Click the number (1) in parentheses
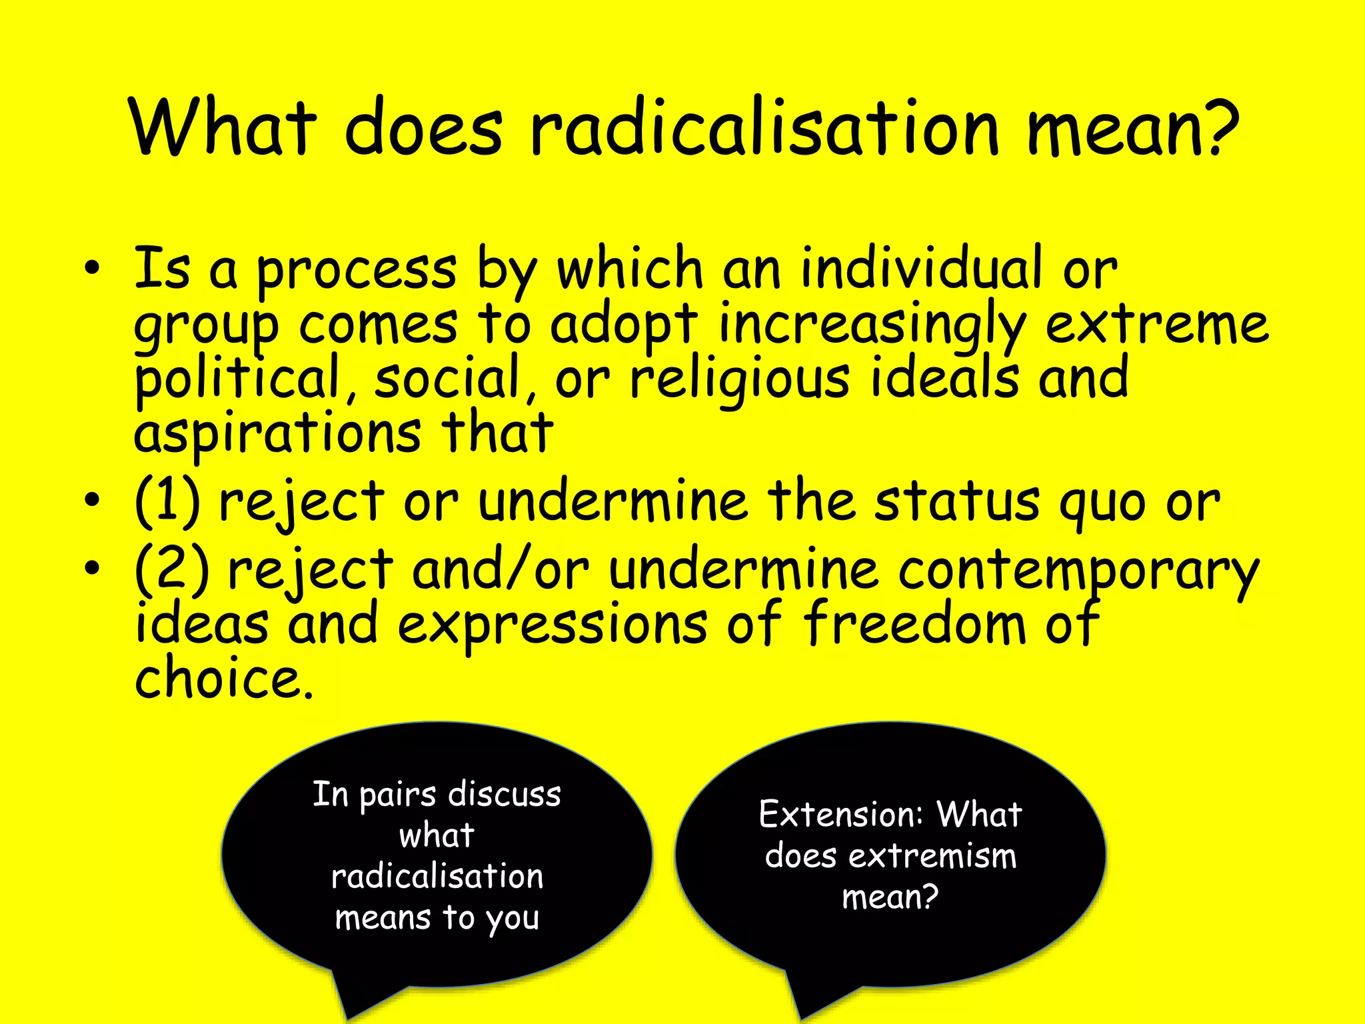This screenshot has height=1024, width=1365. point(167,501)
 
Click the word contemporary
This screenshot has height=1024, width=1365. point(1078,572)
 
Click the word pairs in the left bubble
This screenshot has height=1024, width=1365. point(397,795)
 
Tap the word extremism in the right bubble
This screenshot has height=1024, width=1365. point(932,856)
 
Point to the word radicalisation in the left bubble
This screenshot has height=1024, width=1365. point(437,877)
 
